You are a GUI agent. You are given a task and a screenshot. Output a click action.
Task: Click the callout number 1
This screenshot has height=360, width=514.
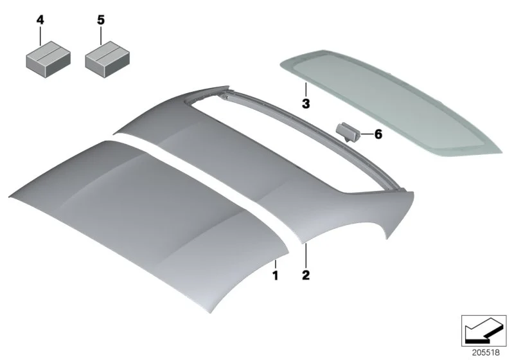[x=276, y=275]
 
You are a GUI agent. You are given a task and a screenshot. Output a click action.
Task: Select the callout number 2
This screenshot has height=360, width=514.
[x=306, y=274]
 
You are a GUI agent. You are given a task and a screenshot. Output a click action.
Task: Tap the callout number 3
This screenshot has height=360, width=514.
[x=306, y=104]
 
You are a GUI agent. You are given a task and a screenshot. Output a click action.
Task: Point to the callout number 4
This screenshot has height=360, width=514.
[x=40, y=20]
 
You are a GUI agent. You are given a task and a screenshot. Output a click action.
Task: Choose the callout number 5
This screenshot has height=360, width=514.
[x=101, y=20]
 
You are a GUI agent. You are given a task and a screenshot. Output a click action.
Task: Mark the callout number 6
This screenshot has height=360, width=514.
[x=378, y=134]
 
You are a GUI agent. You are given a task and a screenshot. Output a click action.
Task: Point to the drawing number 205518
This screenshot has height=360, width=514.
[x=486, y=352]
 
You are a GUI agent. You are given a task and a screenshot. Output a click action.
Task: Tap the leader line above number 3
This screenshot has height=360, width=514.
[x=306, y=90]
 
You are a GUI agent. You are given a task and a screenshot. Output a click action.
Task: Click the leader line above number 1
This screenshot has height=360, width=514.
[x=276, y=264]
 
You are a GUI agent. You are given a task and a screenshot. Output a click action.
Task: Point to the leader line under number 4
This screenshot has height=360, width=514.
[x=40, y=36]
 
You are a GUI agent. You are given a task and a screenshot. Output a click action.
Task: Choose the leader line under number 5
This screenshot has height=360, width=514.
[x=101, y=36]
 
